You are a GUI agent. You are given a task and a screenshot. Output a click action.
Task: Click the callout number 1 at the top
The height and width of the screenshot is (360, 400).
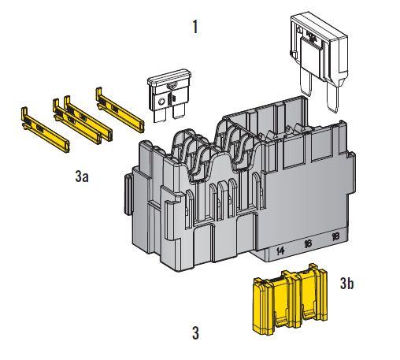(194, 27)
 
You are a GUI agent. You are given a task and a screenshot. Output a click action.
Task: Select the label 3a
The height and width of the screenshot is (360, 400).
(82, 176)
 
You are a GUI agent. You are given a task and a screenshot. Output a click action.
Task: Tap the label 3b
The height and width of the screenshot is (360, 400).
(346, 283)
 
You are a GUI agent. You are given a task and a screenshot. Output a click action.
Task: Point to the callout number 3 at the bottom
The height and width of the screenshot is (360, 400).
(195, 333)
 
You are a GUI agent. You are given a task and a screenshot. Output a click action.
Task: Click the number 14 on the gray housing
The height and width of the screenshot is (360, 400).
(280, 251)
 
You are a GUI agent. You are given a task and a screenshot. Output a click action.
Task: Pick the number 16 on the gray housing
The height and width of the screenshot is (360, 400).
(308, 244)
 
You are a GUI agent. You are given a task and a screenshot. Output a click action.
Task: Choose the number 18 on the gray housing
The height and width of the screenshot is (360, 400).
(335, 237)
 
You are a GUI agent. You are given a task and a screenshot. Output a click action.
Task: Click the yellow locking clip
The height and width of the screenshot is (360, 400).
(290, 299)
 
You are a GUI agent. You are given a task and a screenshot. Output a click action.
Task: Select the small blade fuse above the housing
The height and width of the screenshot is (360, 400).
(169, 95)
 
